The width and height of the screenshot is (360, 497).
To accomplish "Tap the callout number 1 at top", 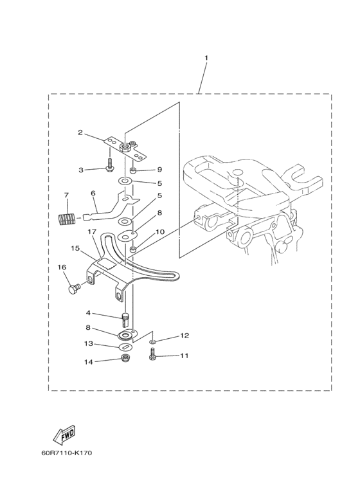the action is click(206, 58).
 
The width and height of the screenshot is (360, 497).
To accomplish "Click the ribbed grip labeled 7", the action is click(66, 219).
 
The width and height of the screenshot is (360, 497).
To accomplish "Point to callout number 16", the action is click(62, 267).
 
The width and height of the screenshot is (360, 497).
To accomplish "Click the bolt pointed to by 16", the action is click(75, 289).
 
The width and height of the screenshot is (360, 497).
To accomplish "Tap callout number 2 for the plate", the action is click(80, 132).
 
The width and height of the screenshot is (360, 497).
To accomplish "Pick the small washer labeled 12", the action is click(153, 341).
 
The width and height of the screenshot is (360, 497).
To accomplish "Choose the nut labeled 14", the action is click(124, 359).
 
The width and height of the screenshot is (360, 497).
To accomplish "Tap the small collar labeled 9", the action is click(133, 172).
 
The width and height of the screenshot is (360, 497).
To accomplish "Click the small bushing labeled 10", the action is click(134, 250).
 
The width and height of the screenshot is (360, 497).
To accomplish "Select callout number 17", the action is click(92, 232).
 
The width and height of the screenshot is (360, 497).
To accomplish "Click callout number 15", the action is click(75, 248).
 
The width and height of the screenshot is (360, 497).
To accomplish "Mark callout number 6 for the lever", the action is click(93, 193).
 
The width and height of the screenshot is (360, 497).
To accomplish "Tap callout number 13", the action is click(89, 343).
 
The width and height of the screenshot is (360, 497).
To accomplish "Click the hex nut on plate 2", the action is click(125, 147).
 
